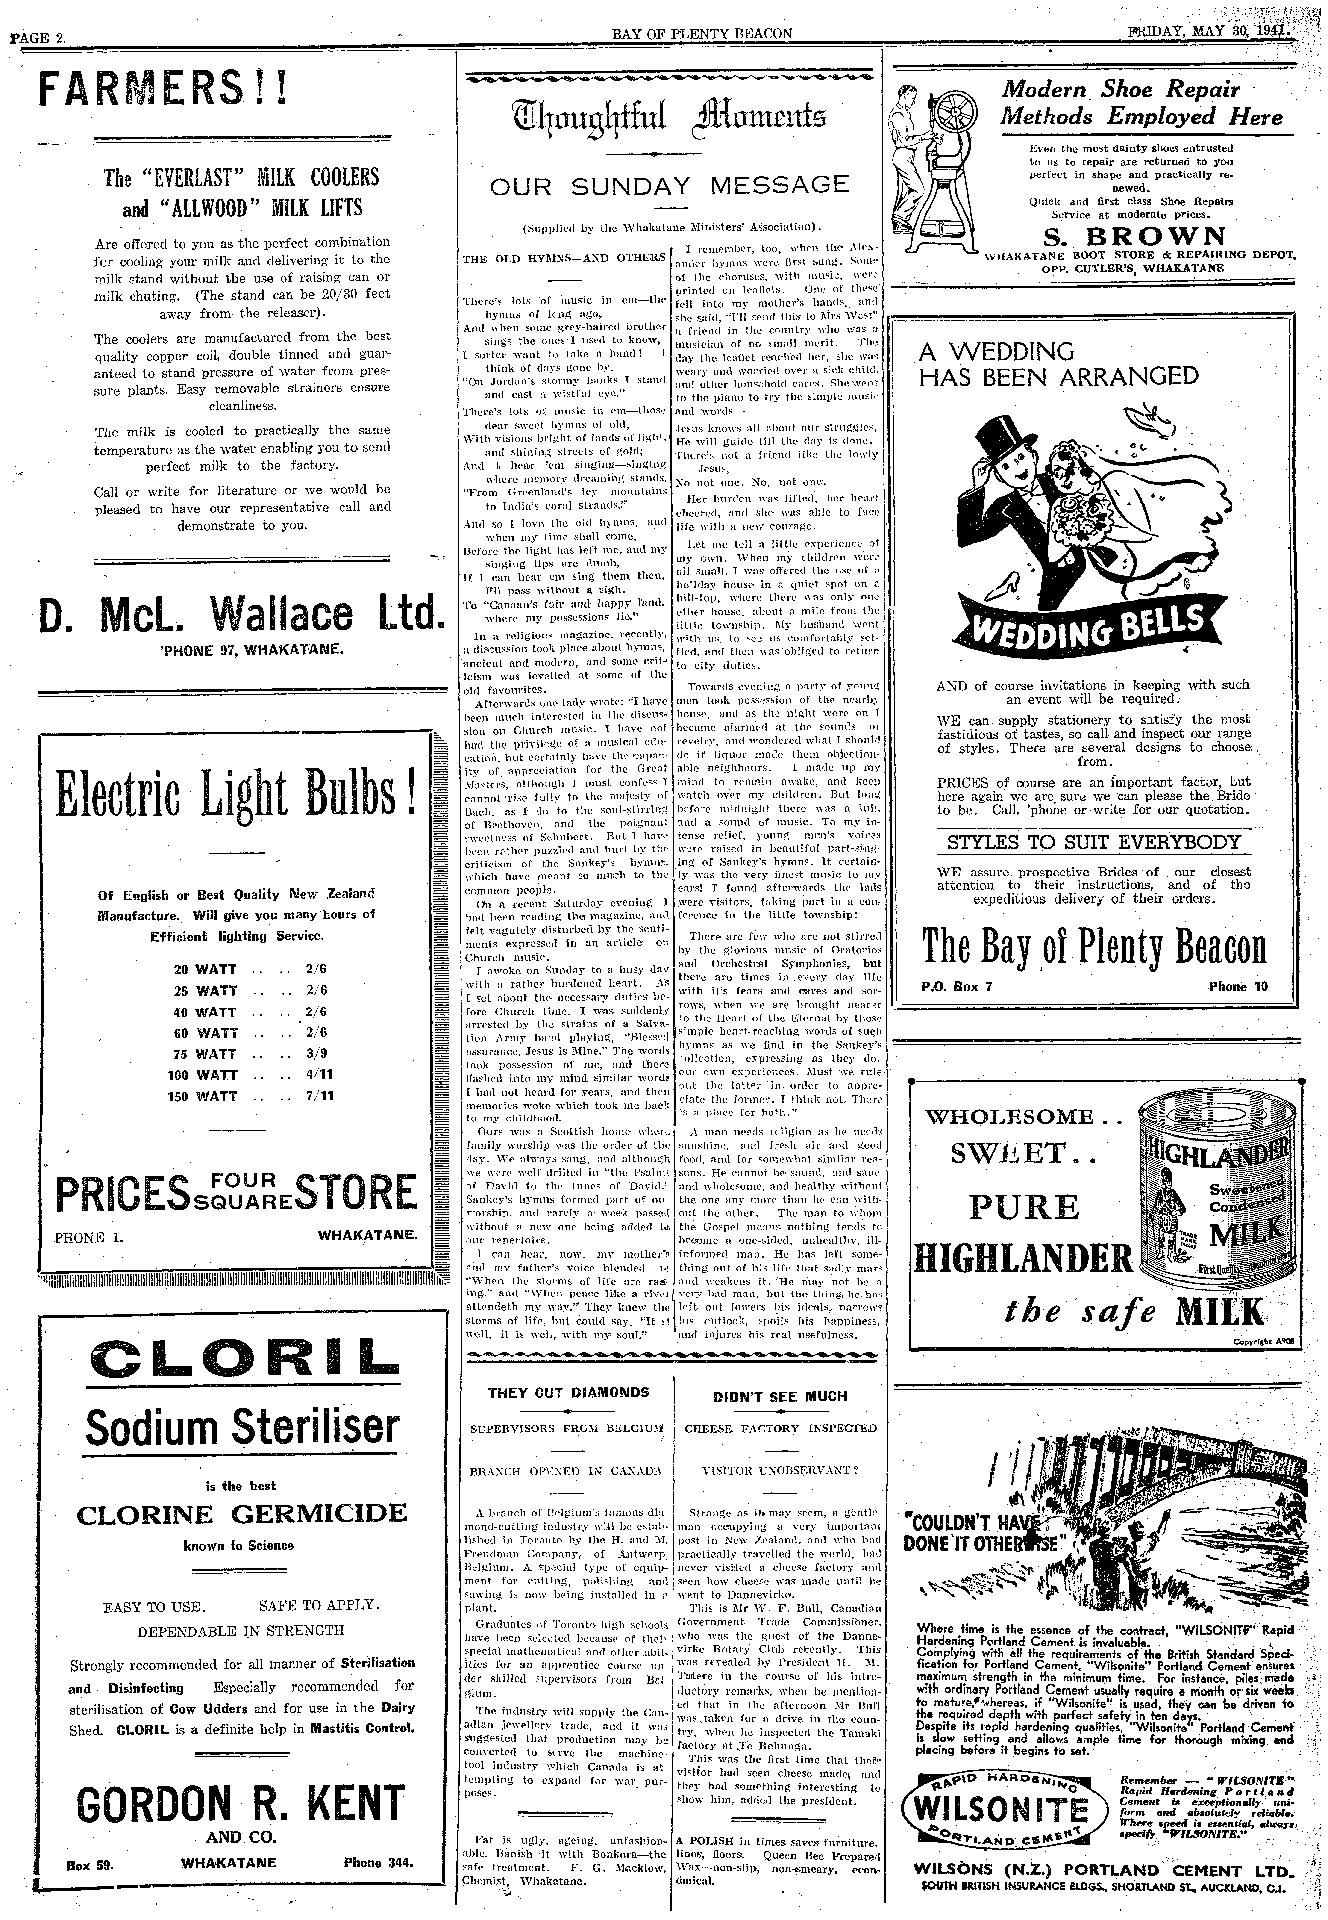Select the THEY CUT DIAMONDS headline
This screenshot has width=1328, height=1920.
pyautogui.click(x=568, y=1392)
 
